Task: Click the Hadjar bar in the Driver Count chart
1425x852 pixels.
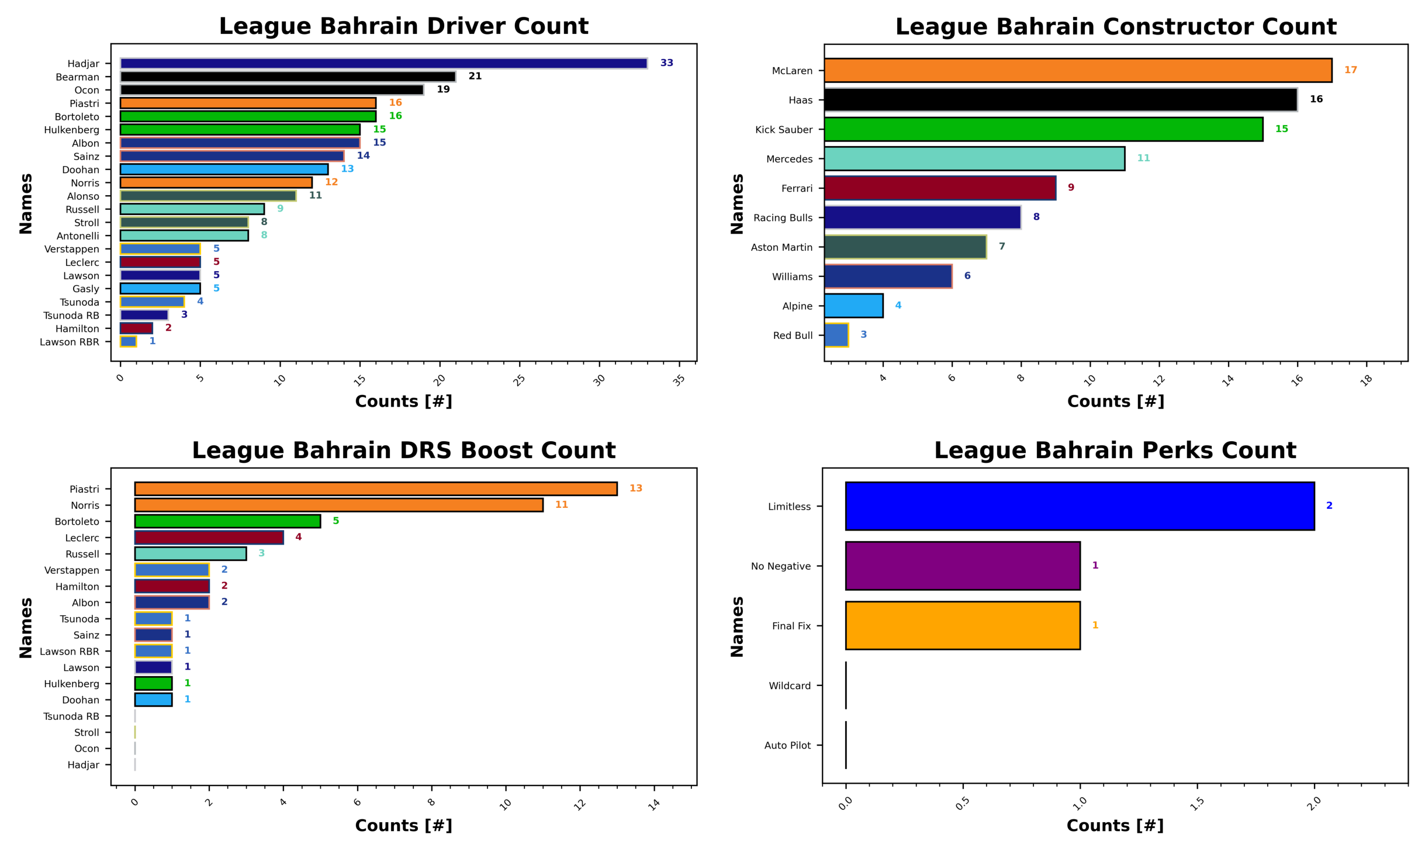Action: click(383, 63)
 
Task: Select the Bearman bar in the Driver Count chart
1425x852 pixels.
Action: click(288, 77)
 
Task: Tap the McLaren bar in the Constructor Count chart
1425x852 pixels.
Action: click(1077, 70)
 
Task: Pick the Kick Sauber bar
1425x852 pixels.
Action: click(1043, 129)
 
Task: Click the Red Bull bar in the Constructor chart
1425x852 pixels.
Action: click(836, 335)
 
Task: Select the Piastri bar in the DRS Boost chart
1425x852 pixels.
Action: click(375, 489)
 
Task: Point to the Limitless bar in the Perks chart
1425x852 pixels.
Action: click(1079, 506)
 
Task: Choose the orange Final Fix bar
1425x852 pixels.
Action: click(962, 625)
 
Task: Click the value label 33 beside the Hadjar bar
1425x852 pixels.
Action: click(666, 63)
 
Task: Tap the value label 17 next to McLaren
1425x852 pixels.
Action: click(1350, 70)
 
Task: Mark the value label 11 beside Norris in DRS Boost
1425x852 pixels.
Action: click(561, 505)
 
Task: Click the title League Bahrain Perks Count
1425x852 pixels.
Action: click(1115, 451)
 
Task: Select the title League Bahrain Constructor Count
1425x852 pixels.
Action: click(1115, 27)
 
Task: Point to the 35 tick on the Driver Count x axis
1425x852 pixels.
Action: click(679, 380)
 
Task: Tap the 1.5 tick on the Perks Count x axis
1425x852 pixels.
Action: click(1196, 804)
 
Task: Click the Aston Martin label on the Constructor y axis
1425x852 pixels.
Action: click(781, 247)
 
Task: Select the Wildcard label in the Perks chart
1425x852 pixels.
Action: click(789, 685)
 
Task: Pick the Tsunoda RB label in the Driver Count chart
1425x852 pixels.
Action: click(71, 316)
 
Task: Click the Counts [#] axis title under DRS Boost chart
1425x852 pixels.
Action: click(403, 826)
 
